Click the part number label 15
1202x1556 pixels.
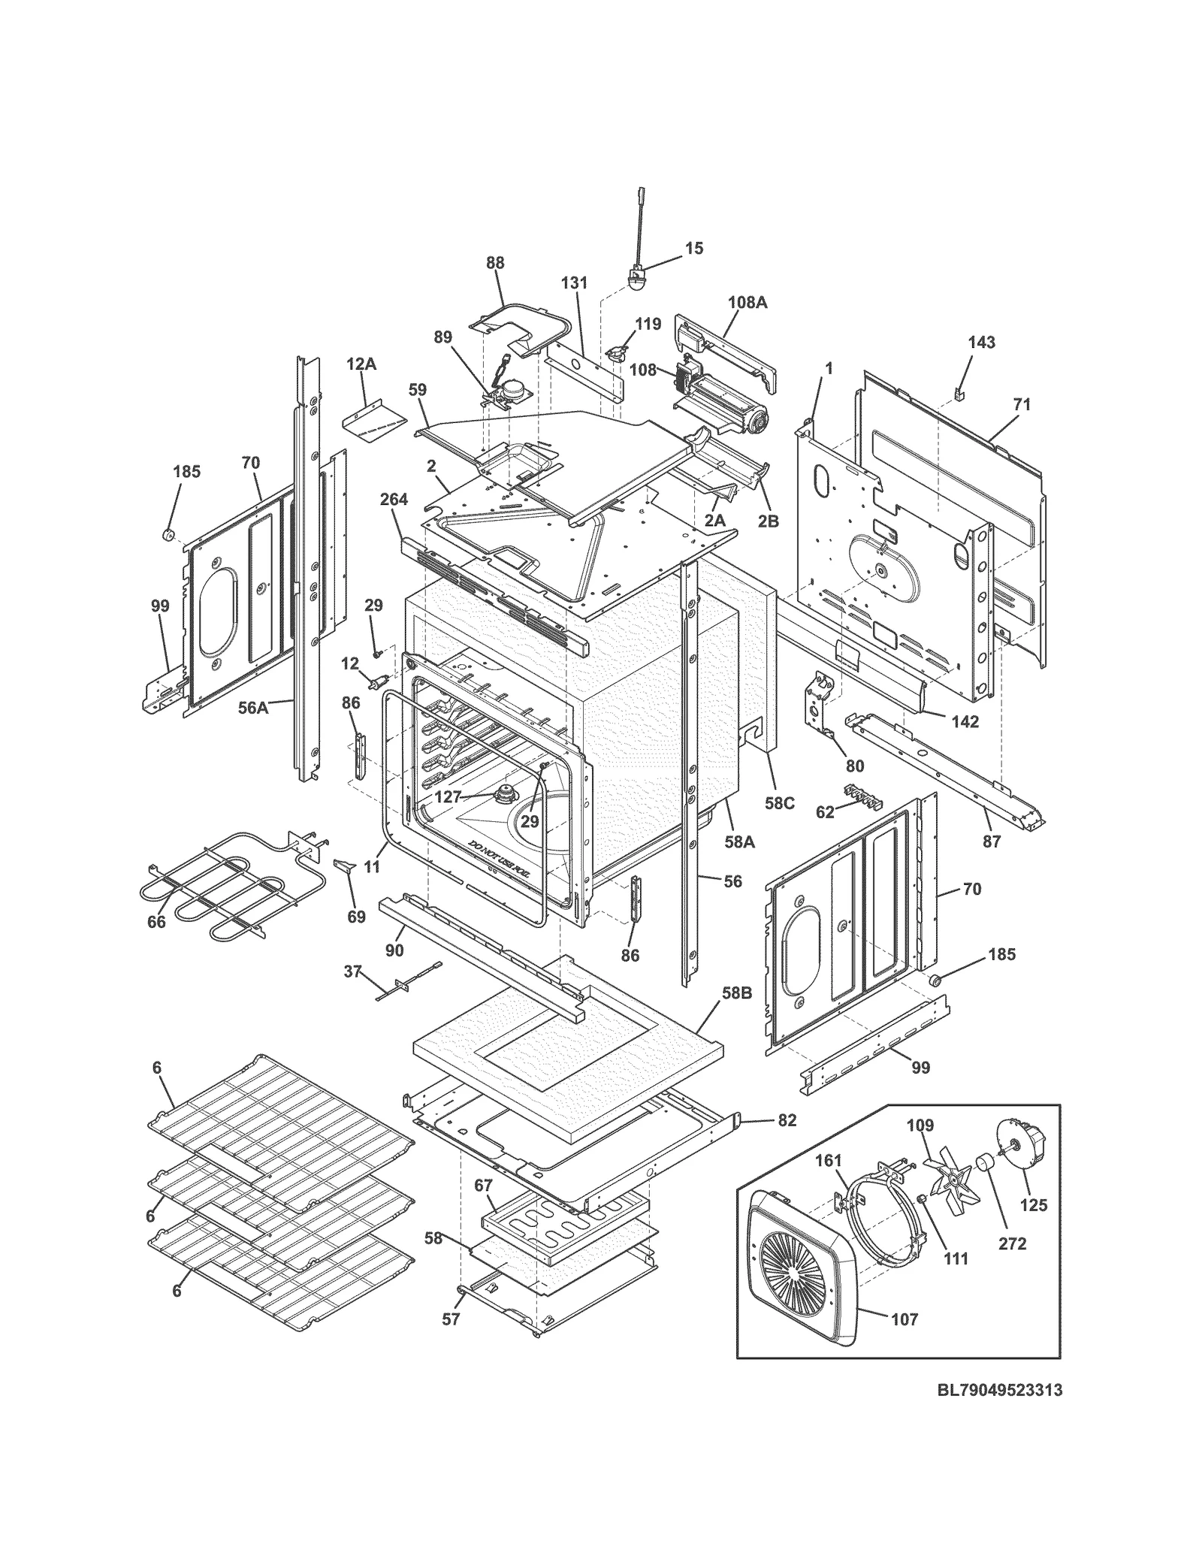(x=694, y=248)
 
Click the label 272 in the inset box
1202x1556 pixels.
(x=1012, y=1243)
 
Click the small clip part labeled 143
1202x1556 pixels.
(x=959, y=391)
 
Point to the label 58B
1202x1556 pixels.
(x=737, y=993)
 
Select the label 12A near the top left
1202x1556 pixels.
(x=361, y=364)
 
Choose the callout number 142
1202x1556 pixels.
(x=965, y=721)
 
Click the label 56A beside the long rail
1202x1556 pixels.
(x=253, y=707)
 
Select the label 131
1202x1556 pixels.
(x=574, y=283)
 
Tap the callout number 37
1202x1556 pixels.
(x=352, y=971)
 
